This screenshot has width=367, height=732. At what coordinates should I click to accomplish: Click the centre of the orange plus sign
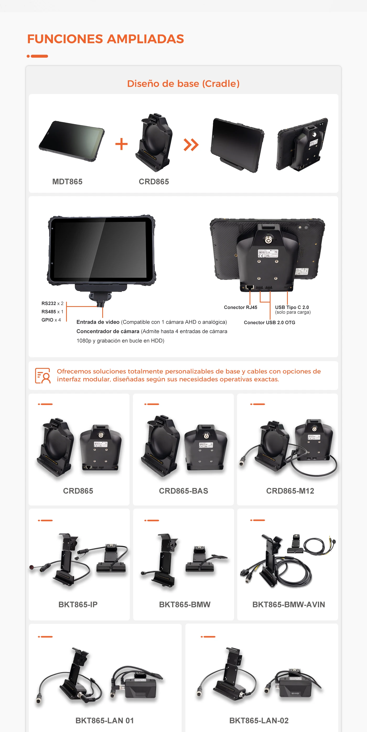coord(121,144)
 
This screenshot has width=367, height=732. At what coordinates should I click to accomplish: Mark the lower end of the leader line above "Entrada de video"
coord(102,317)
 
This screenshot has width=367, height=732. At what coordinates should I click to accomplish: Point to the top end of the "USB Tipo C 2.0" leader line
coord(287,291)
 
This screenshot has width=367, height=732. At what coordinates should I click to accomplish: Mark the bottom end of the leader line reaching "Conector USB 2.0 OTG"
coord(270,320)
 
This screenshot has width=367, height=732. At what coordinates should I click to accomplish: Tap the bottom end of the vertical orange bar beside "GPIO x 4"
coord(66,321)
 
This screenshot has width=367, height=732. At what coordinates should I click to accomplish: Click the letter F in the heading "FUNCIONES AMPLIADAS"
coord(31,39)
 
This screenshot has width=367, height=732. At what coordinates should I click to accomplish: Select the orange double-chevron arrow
coord(191,145)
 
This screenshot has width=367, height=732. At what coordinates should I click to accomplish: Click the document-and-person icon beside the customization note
coord(43,375)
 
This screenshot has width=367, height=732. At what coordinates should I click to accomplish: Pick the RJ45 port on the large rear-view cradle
coord(250,287)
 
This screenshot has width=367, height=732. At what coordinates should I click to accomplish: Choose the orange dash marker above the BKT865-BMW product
coord(152,520)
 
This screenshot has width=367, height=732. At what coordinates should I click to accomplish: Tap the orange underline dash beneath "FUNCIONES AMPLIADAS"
coord(37,56)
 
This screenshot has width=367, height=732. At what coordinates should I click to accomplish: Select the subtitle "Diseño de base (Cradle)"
coord(183,84)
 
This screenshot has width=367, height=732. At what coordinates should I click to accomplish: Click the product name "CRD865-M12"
coord(290,491)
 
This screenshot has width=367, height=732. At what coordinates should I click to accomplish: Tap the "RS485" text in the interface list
coord(49,311)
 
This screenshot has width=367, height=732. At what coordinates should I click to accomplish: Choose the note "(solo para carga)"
coord(293,312)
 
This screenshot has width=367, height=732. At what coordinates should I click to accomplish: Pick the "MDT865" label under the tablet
coord(67,181)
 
